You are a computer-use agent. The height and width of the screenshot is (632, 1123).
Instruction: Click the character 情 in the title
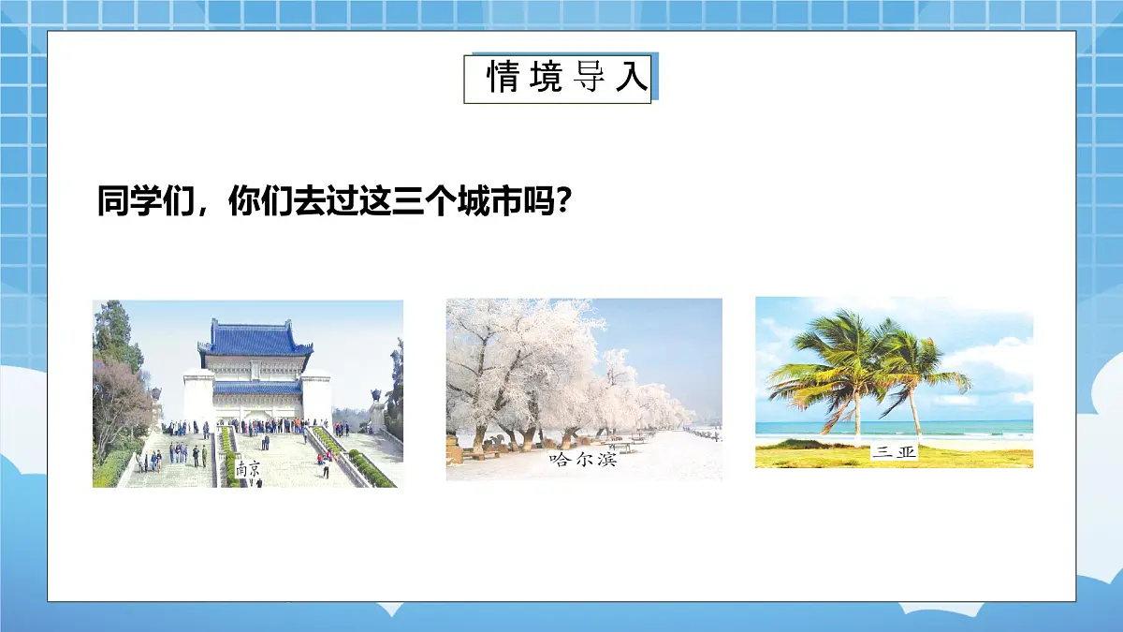tap(502, 79)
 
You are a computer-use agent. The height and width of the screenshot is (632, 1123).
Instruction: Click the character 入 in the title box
tap(632, 79)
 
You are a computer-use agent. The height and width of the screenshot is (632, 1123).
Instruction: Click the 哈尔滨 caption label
tap(583, 460)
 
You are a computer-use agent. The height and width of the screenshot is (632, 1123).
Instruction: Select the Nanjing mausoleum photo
tap(247, 393)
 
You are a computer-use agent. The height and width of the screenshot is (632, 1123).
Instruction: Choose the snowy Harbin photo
tap(583, 389)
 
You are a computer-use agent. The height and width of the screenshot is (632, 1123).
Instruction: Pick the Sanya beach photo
tap(894, 382)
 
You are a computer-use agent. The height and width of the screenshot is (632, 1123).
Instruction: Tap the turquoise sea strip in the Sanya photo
tap(973, 428)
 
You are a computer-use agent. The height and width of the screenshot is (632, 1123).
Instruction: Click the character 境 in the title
tap(545, 79)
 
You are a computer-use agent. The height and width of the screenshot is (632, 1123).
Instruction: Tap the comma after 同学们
tap(209, 208)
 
